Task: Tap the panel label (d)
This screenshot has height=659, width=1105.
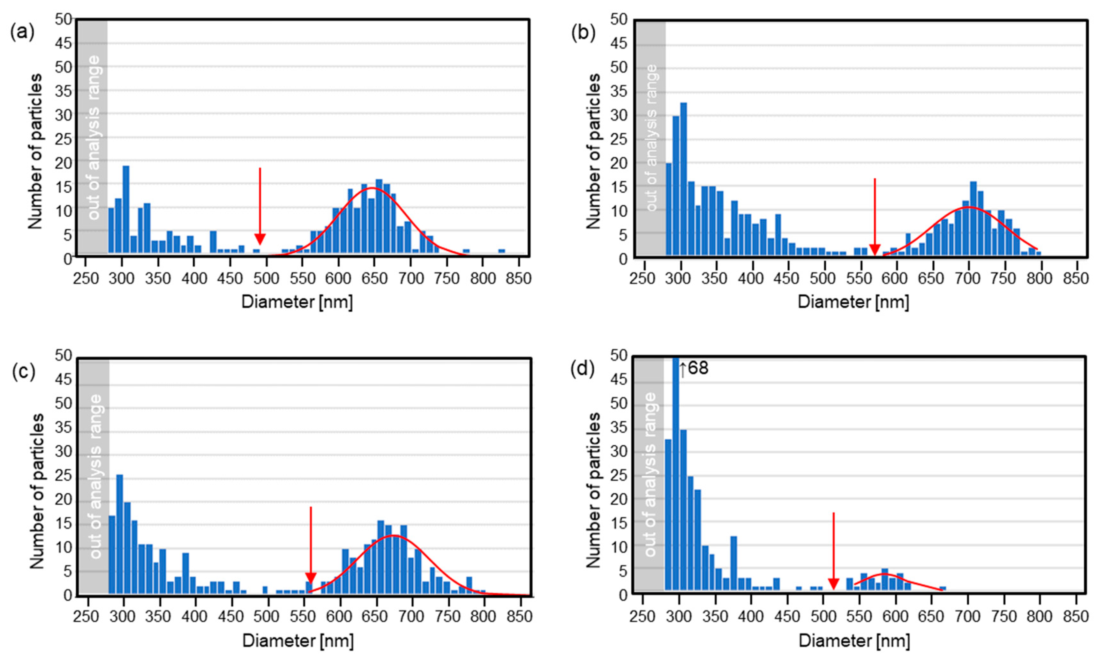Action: point(583,369)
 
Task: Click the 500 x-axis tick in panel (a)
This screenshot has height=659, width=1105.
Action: point(266,279)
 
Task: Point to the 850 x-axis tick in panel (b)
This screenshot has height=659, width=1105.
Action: point(1075,279)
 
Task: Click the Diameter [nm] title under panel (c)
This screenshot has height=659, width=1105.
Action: point(298,641)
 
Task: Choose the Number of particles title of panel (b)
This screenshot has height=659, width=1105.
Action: point(593,151)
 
